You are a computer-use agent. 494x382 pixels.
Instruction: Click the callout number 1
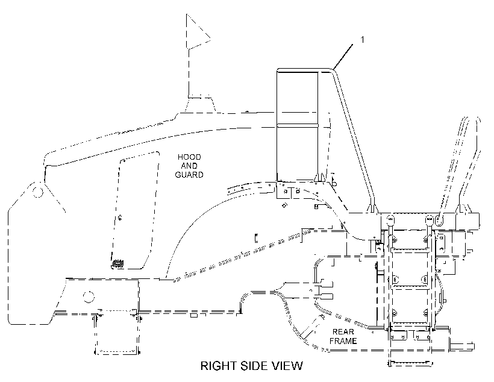362,39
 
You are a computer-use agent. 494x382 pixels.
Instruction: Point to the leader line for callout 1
343,57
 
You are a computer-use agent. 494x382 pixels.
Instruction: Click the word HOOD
189,157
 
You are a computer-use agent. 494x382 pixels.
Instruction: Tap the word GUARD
189,175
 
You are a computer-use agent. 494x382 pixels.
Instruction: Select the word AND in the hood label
189,166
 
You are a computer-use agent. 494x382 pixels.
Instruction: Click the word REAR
343,332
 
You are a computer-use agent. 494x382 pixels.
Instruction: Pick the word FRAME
343,341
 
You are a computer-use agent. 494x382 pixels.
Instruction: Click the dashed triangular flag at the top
198,31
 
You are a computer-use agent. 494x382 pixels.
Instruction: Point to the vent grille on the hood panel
118,263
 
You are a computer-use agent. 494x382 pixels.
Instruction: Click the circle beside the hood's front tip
38,192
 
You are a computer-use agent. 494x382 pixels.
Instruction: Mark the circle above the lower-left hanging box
89,296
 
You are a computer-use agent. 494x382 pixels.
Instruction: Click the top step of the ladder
409,250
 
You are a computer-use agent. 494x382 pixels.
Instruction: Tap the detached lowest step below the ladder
410,363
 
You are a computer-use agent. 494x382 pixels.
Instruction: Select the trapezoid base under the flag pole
201,105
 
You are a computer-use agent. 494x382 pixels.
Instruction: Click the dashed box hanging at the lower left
117,333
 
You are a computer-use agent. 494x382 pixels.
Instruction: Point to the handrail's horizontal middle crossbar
298,125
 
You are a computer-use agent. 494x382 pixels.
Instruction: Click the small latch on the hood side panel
120,217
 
